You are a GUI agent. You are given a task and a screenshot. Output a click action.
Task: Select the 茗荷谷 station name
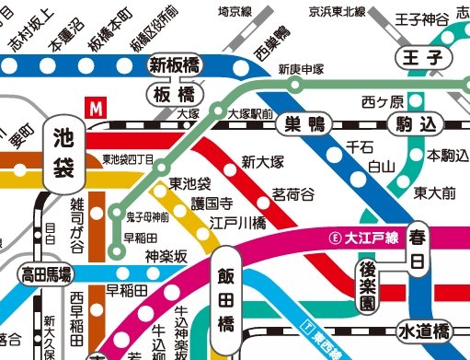[x=292, y=194]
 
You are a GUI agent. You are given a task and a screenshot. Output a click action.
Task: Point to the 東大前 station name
[x=434, y=192]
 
